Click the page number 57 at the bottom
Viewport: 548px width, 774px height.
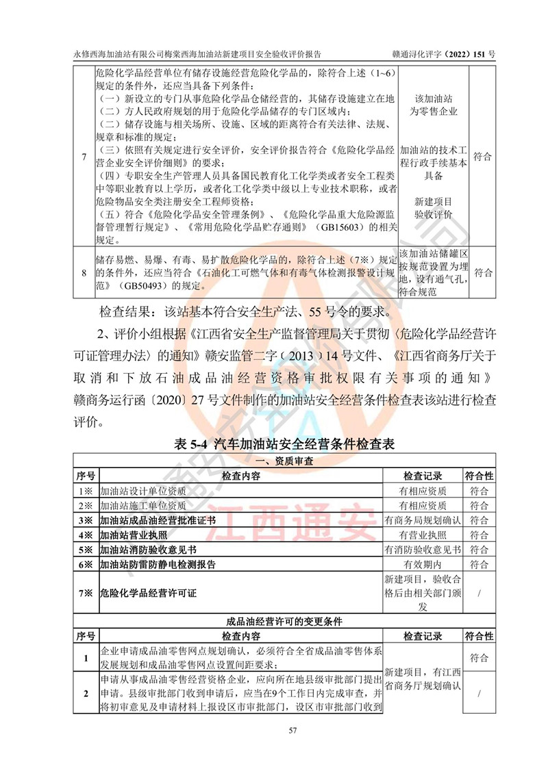pos(274,732)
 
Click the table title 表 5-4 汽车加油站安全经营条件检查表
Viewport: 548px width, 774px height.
pos(284,444)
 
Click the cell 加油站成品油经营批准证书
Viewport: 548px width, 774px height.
pos(158,520)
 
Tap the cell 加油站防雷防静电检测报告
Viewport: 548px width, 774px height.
pos(158,565)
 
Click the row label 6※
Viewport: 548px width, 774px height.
pos(85,565)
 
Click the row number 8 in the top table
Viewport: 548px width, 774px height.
pos(84,273)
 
